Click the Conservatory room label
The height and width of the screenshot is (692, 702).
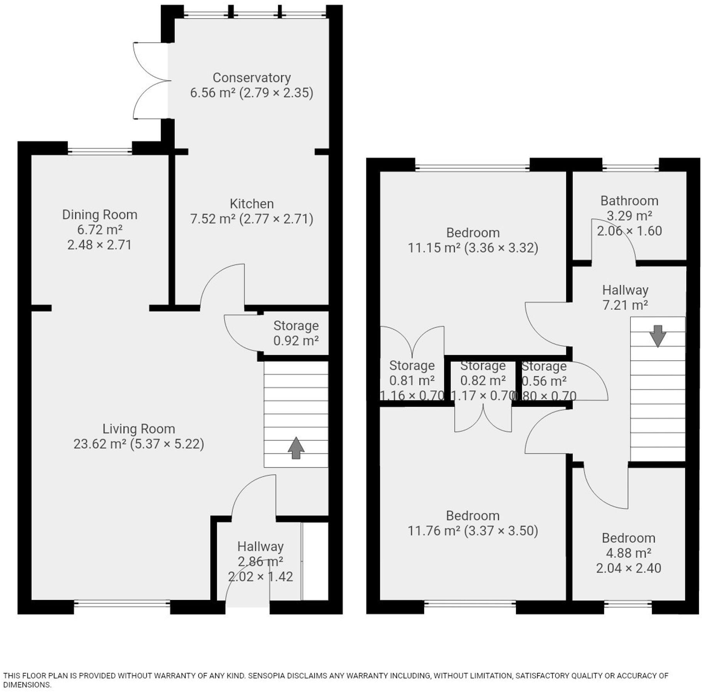[x=252, y=78]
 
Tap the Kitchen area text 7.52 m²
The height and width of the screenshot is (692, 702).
[x=213, y=219]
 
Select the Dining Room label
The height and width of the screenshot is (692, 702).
[x=100, y=215]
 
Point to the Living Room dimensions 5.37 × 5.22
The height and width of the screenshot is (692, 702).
[x=167, y=444]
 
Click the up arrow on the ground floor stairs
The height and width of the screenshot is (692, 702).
[x=296, y=448]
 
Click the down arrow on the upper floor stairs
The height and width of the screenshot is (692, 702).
[x=658, y=336]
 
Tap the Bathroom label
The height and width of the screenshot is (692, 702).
[x=629, y=201]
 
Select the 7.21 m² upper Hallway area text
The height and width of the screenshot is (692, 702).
[x=625, y=305]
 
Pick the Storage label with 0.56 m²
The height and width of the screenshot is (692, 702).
[x=544, y=366]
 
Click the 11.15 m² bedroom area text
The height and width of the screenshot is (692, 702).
[x=434, y=248]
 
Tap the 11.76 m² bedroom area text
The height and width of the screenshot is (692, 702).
[x=434, y=531]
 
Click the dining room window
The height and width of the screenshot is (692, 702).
[x=100, y=151]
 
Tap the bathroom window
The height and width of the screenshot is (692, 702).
[x=630, y=167]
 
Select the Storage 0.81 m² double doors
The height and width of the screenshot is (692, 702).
[x=412, y=340]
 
